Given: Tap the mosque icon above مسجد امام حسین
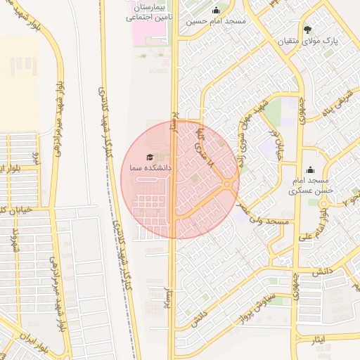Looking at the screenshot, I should [215, 10].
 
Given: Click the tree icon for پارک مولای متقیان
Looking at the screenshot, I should [308, 29].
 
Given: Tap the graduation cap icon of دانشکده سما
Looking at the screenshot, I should [149, 157].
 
